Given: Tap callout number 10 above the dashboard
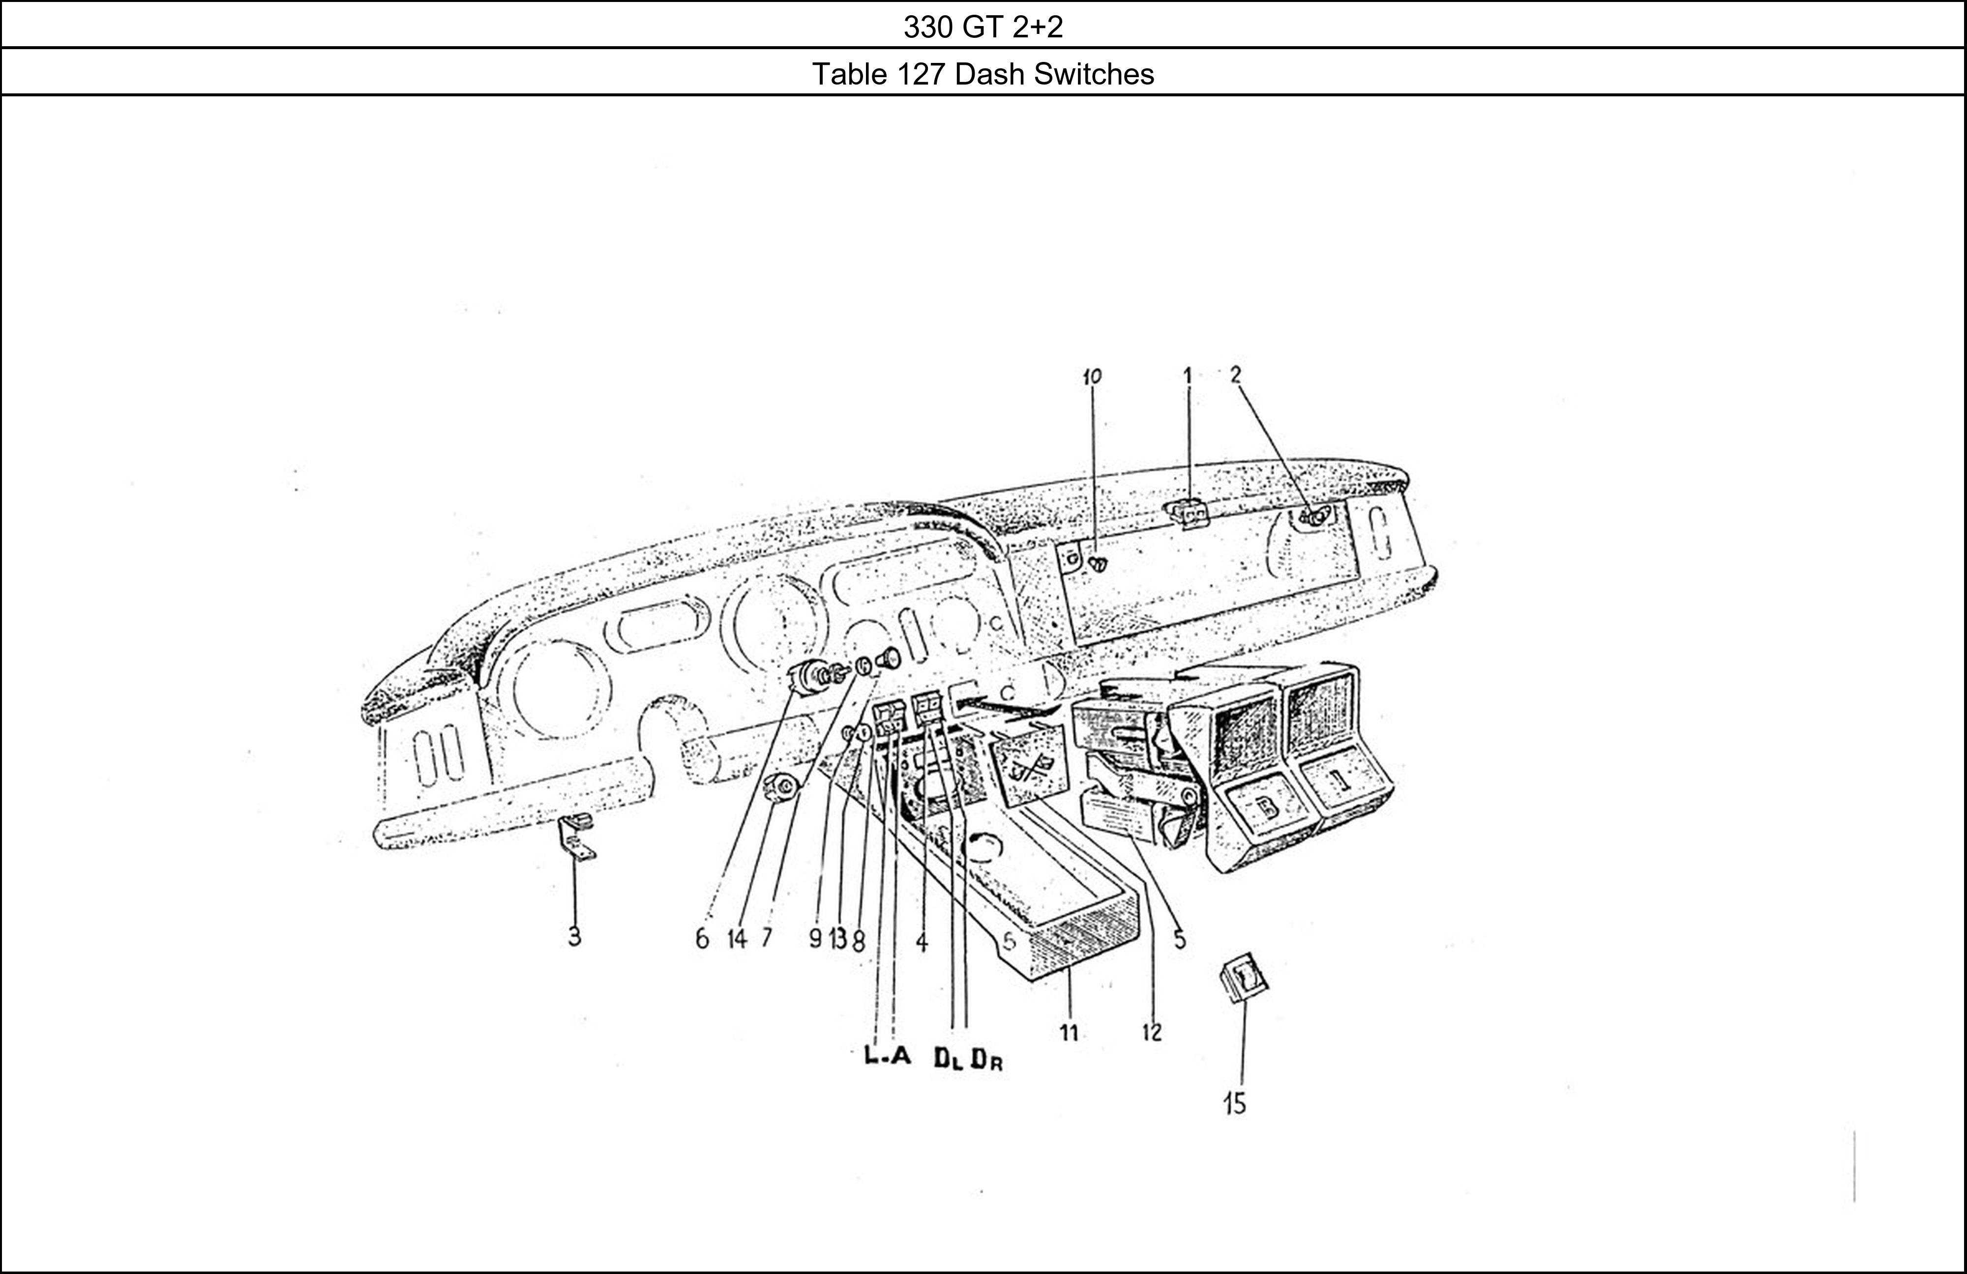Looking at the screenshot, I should pyautogui.click(x=1092, y=377).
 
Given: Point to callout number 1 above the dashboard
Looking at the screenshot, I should pyautogui.click(x=1187, y=377).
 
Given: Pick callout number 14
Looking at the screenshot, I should pyautogui.click(x=736, y=939).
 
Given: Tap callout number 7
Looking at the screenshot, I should pyautogui.click(x=767, y=938).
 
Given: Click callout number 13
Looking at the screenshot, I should pyautogui.click(x=838, y=939).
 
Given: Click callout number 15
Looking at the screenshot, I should pyautogui.click(x=1235, y=1104).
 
